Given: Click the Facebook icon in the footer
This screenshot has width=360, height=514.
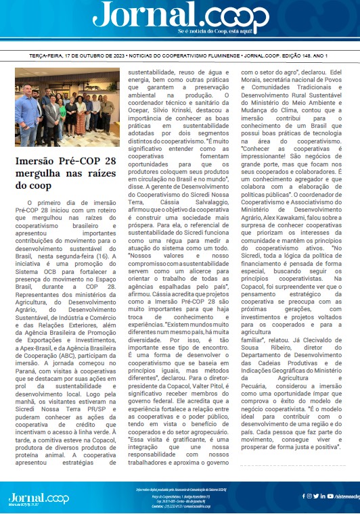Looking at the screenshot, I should pos(304,496).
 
